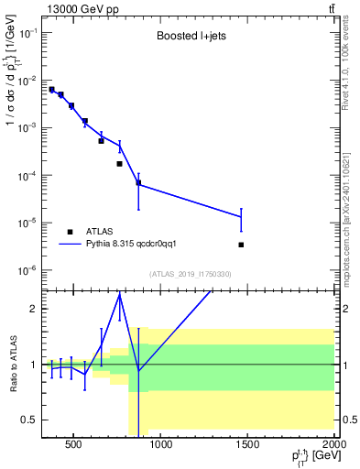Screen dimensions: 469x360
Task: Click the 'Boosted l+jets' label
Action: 191,38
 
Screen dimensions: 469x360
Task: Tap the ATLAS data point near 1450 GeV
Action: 241,245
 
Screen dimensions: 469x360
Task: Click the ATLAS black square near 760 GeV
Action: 120,164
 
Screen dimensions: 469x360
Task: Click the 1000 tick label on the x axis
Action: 161,446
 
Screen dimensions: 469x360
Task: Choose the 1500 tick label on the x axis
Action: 248,446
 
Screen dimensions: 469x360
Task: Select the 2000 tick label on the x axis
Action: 334,446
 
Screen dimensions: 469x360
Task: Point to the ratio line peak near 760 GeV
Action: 120,294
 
